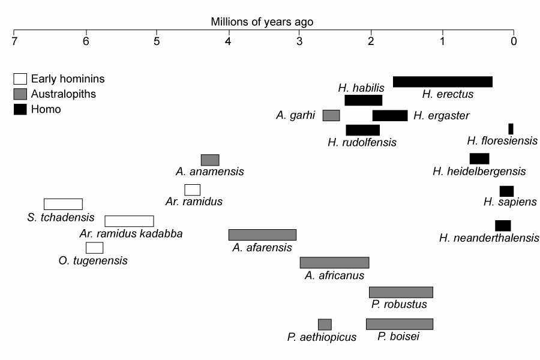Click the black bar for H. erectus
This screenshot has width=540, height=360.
[442, 82]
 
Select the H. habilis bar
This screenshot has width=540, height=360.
[363, 100]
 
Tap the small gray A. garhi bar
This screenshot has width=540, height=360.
[331, 115]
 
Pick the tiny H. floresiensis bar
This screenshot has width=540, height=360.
[511, 128]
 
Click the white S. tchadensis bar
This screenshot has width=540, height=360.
[63, 204]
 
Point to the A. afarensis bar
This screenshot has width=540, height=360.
[262, 235]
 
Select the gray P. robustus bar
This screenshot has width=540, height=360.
[401, 292]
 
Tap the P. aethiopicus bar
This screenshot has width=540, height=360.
[325, 325]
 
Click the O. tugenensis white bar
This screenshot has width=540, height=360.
[94, 248]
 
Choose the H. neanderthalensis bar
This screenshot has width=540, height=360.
[503, 225]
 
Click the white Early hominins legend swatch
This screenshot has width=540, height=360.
[20, 79]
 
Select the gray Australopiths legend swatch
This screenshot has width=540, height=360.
[20, 94]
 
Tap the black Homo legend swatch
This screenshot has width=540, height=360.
[20, 109]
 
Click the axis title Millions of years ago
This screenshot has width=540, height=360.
[262, 22]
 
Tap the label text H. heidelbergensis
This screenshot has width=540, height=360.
[479, 172]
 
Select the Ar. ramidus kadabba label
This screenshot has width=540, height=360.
[131, 233]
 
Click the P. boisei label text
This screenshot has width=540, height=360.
[398, 337]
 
